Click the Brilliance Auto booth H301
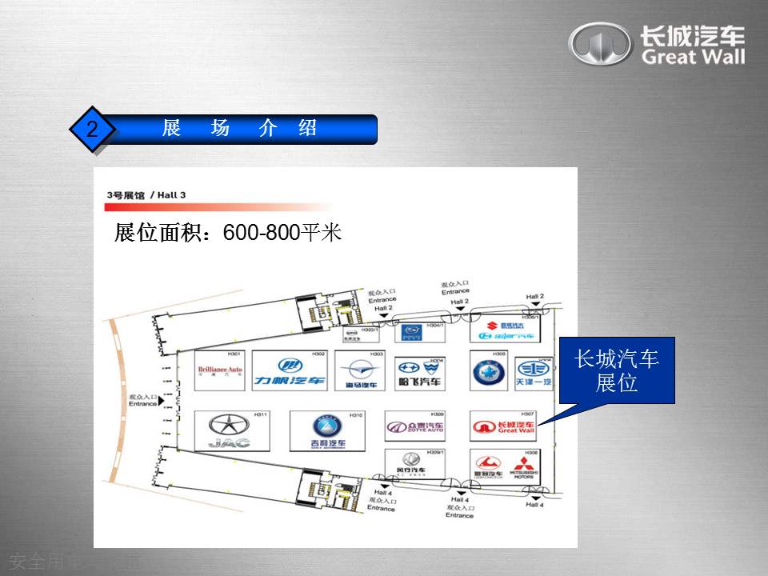[219, 370]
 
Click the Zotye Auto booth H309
[414, 426]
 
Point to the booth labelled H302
[289, 370]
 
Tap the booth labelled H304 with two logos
[419, 373]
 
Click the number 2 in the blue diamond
[92, 129]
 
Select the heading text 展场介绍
[240, 128]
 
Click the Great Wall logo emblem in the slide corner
[599, 44]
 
